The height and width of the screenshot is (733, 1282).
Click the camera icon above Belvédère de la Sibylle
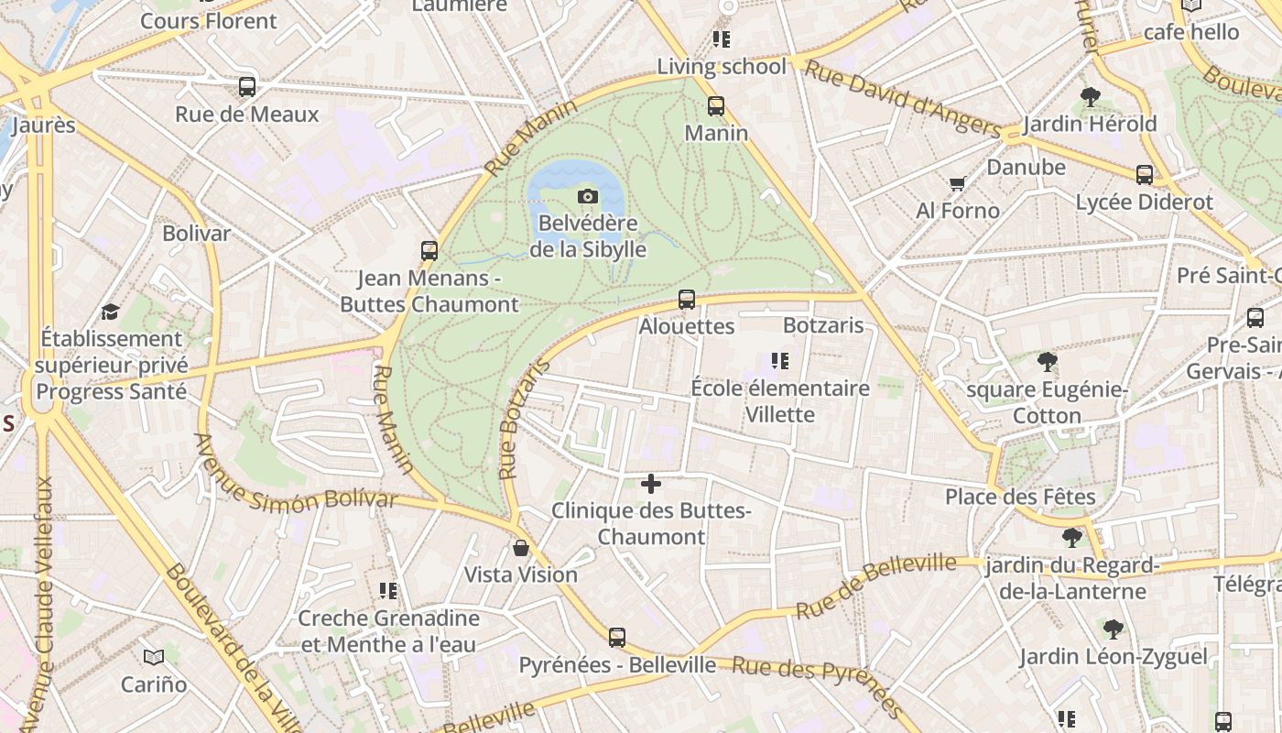588,196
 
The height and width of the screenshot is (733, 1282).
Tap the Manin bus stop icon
716,106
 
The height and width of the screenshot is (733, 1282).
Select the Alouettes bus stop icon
687,300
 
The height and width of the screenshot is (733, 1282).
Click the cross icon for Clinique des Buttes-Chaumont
651,484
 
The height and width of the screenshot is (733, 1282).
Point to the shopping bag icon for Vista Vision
521,548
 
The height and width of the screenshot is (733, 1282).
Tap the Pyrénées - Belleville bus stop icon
617,638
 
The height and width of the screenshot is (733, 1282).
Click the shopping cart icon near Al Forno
958,184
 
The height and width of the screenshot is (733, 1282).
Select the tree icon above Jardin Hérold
1090,96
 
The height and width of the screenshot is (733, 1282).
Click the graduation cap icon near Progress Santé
111,312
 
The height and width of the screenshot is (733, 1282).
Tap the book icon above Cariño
154,657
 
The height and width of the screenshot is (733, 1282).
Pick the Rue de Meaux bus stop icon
247,87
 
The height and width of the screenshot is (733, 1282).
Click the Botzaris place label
823,325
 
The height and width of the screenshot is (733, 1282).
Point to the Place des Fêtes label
1020,497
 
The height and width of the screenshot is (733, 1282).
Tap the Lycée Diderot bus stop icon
1145,175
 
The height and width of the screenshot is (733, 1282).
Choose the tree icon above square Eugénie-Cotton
1048,362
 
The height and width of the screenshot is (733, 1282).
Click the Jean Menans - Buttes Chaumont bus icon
429,251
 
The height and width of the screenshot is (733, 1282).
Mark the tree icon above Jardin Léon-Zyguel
1114,629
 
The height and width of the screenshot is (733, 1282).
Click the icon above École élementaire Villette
780,361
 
